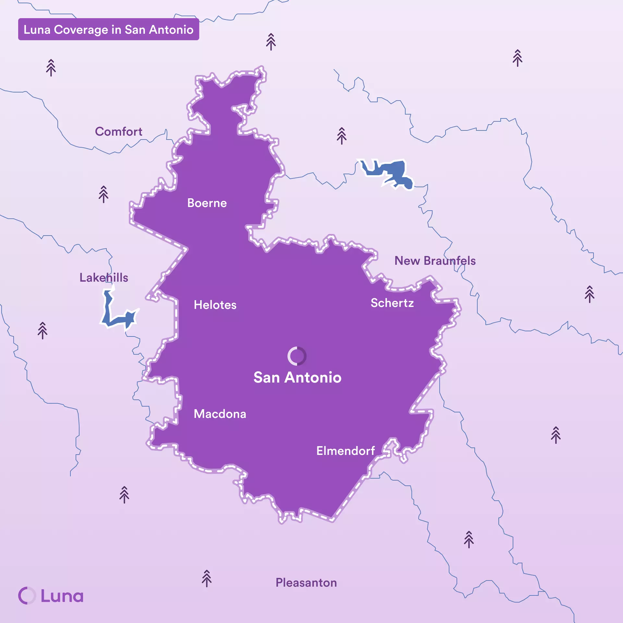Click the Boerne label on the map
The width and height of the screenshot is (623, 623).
pyautogui.click(x=207, y=203)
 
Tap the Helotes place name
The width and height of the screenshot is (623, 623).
pyautogui.click(x=215, y=305)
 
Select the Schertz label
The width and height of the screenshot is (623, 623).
pyautogui.click(x=392, y=303)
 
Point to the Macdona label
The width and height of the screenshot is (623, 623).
pyautogui.click(x=220, y=414)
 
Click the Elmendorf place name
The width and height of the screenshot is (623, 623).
pyautogui.click(x=345, y=451)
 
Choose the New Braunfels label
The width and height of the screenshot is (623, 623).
pyautogui.click(x=435, y=261)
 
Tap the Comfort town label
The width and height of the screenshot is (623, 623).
pyautogui.click(x=118, y=132)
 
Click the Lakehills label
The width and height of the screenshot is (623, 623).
pyautogui.click(x=104, y=278)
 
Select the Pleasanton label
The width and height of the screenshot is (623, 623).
pyautogui.click(x=306, y=583)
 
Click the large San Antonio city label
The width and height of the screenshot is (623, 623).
pyautogui.click(x=297, y=378)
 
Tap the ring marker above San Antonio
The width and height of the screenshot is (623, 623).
pyautogui.click(x=297, y=356)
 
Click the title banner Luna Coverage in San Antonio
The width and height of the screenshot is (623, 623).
pyautogui.click(x=108, y=30)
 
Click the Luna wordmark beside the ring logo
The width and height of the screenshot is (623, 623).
pyautogui.click(x=62, y=596)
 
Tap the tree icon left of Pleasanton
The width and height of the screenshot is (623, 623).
pyautogui.click(x=207, y=579)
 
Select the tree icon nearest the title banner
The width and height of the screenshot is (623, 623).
pyautogui.click(x=51, y=68)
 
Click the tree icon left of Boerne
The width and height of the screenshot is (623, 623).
pyautogui.click(x=104, y=194)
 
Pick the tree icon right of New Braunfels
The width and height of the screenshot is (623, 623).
pyautogui.click(x=589, y=294)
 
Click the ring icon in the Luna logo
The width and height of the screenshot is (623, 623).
pyautogui.click(x=27, y=596)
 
